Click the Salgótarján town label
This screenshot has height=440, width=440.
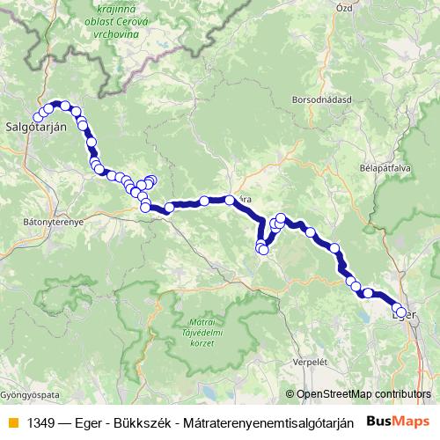[36, 127]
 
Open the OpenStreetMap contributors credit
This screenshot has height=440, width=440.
[363, 395]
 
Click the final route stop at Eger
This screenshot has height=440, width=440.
[402, 312]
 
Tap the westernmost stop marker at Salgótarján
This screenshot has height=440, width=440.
[37, 118]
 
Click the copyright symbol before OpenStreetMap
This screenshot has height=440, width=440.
[291, 395]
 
